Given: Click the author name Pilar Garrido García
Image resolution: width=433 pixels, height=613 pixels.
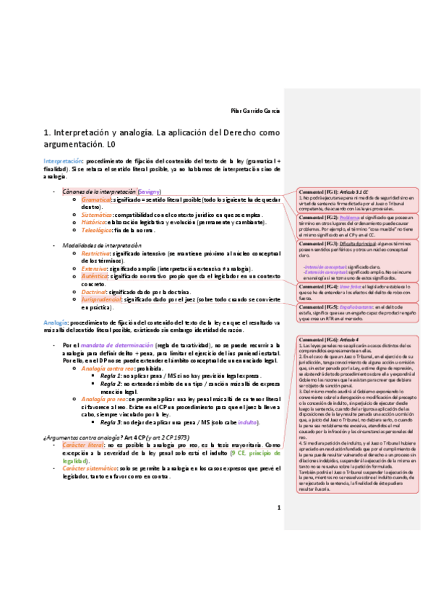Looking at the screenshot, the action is (x=250, y=111).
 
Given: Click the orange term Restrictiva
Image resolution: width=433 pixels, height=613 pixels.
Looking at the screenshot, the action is (x=95, y=254).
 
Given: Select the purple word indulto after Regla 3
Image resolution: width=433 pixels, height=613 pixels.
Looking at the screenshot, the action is (x=247, y=421).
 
